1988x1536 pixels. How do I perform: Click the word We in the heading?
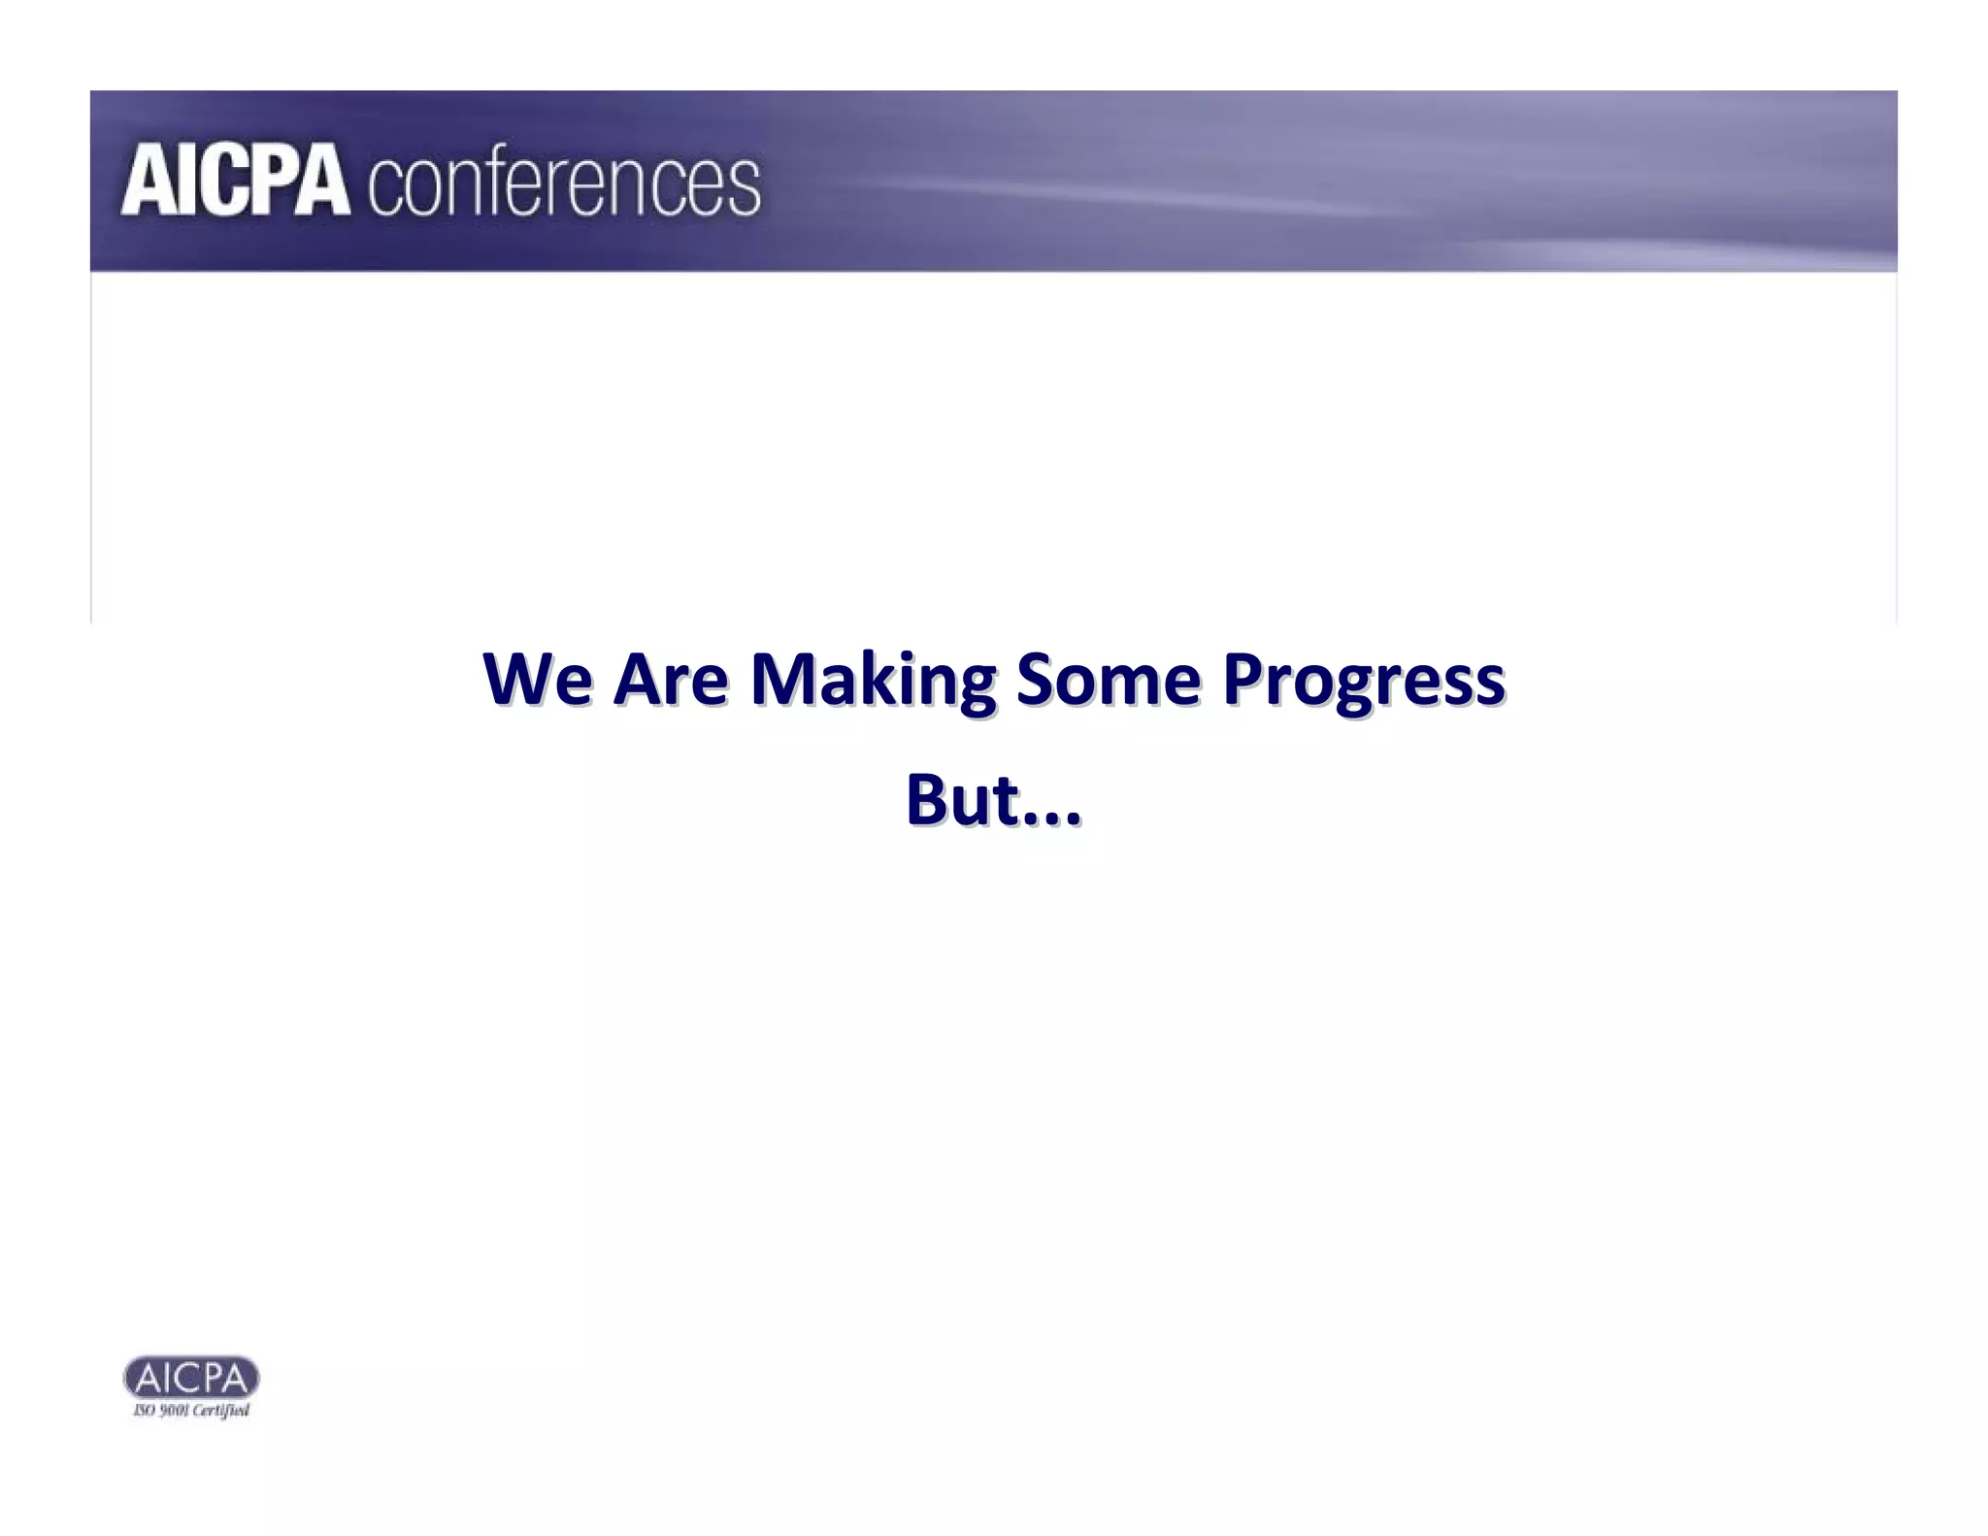click(538, 679)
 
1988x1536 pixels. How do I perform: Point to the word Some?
click(1109, 679)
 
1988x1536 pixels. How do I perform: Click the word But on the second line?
click(963, 801)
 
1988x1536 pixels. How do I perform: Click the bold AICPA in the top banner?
click(235, 181)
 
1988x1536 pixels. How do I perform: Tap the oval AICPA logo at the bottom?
click(191, 1377)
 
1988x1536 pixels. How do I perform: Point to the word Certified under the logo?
click(221, 1411)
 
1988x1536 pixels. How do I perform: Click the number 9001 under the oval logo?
click(174, 1411)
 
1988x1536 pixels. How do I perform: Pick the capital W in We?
click(519, 679)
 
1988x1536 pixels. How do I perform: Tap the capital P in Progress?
click(1242, 679)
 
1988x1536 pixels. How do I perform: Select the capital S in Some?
click(1036, 679)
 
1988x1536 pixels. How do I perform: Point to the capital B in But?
click(926, 801)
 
